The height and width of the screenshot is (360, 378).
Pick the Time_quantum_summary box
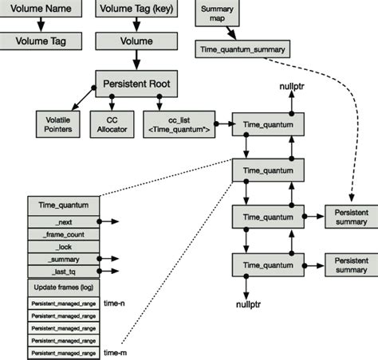point(243,49)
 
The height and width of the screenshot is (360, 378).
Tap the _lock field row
point(63,246)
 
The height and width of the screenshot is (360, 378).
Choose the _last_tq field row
point(63,272)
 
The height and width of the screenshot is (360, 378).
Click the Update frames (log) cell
point(63,285)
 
